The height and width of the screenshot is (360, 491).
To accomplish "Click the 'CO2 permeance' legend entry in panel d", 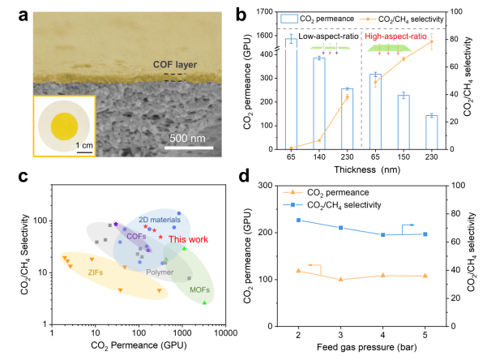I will tap(331, 192).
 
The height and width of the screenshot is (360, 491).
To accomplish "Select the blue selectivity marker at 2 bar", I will tap(299, 221).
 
